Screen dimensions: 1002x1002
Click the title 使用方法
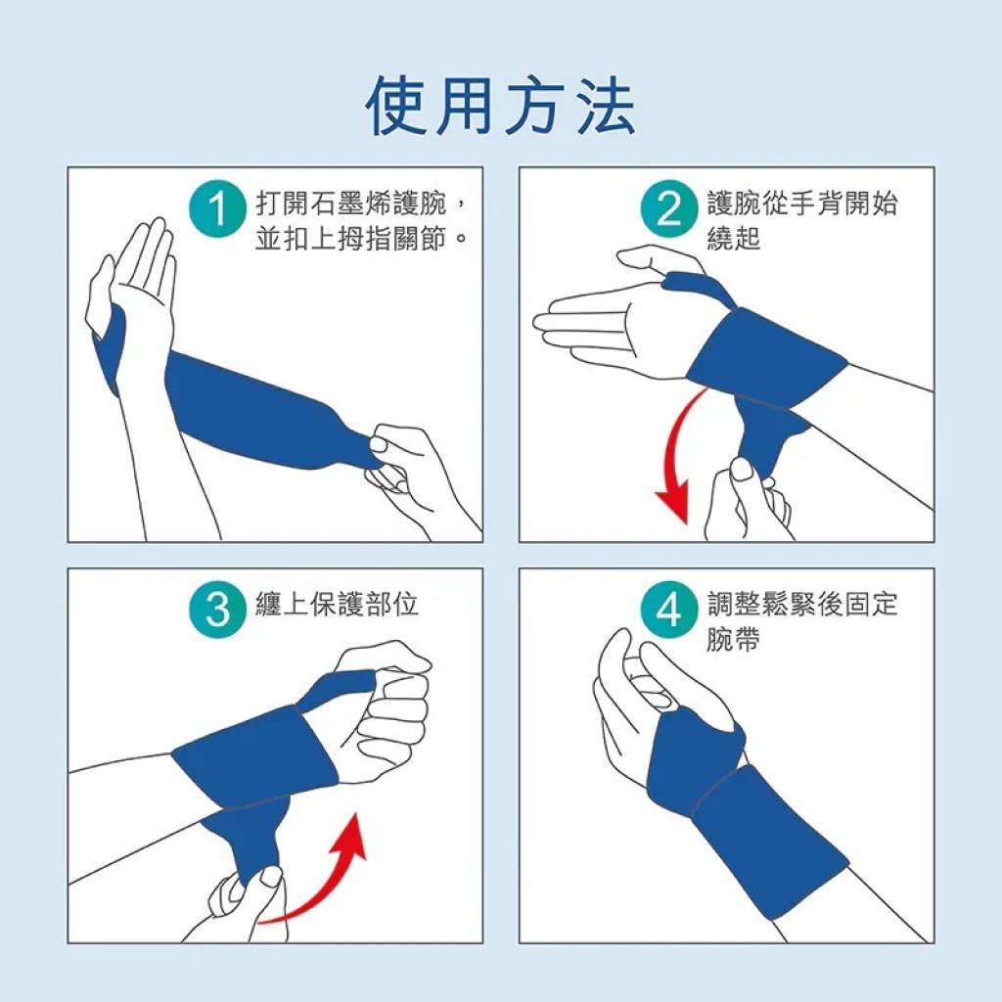[500, 106]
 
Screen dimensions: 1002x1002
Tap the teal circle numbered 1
[218, 209]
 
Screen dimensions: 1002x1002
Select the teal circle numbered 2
[669, 209]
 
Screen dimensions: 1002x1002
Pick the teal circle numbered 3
[218, 610]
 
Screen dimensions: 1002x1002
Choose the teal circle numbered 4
[669, 610]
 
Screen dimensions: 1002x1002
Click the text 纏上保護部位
[337, 604]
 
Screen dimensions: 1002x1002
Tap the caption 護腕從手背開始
[802, 204]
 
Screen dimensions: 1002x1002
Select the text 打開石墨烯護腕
[351, 204]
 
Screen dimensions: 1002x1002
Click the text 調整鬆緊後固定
[802, 604]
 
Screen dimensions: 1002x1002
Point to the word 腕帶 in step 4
[734, 638]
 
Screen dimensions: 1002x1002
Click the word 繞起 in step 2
[734, 238]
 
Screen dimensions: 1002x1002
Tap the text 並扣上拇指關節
[351, 239]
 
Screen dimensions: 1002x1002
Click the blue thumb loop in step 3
[336, 689]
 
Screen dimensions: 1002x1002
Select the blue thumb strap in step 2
[698, 287]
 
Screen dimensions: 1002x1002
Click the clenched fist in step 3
[385, 709]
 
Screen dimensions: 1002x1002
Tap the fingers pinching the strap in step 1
[409, 470]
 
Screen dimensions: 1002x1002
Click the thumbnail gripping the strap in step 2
[742, 469]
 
